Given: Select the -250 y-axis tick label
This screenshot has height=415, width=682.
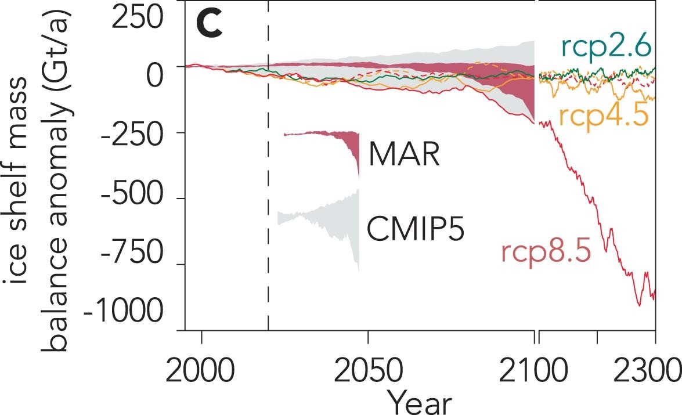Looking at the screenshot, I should point(140,133).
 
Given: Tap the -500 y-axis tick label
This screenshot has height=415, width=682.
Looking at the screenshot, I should point(140,199).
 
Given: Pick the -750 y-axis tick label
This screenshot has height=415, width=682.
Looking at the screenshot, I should point(140,265).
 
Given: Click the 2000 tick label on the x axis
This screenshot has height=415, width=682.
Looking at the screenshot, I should point(201,370).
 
